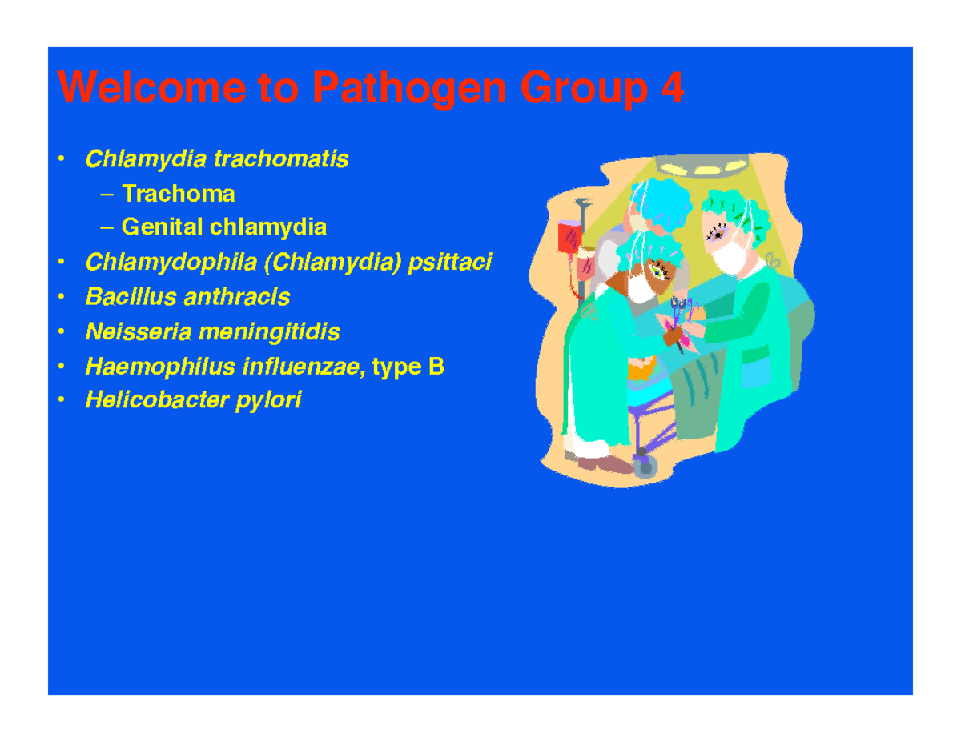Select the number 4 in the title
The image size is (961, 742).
click(x=672, y=88)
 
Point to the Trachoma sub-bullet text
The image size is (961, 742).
click(x=179, y=194)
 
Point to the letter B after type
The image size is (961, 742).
click(x=436, y=367)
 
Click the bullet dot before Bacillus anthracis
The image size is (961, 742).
click(x=61, y=298)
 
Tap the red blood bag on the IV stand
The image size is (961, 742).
click(x=570, y=239)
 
